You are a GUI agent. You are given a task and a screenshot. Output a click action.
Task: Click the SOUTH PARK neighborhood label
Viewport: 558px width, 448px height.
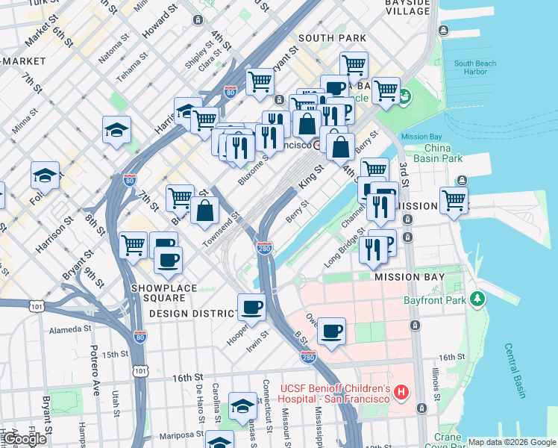pyautogui.click(x=332, y=38)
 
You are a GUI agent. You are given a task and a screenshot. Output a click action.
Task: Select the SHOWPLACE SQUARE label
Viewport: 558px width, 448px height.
pyautogui.click(x=164, y=288)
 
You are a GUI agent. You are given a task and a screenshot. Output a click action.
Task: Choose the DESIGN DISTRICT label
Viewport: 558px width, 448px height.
pyautogui.click(x=187, y=314)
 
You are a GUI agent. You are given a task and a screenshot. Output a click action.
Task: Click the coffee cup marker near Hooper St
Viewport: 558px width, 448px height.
pyautogui.click(x=251, y=306)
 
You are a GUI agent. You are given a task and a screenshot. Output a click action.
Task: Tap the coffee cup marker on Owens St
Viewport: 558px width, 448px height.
pyautogui.click(x=331, y=330)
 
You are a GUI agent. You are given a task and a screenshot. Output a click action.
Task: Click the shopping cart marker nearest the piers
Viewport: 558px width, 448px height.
pyautogui.click(x=454, y=200)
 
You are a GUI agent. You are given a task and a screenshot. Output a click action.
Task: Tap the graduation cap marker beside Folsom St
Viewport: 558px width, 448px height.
pyautogui.click(x=46, y=175)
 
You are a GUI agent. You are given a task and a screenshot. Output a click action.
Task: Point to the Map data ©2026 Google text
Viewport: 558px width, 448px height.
pyautogui.click(x=512, y=442)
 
